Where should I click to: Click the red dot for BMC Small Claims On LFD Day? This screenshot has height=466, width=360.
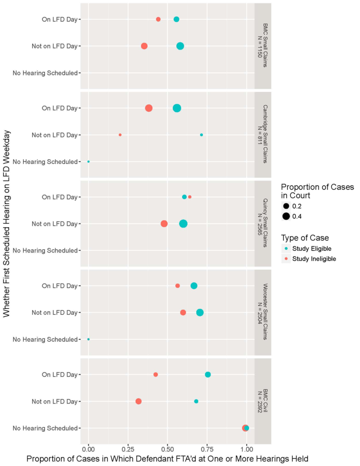pos(158,19)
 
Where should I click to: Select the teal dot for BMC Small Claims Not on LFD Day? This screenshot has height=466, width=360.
pos(180,46)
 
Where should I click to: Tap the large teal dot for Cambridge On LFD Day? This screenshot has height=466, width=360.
pos(177,108)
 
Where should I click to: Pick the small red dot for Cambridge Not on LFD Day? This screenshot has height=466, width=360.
pos(120,135)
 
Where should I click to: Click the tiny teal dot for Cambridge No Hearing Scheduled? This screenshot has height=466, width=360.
pos(89,162)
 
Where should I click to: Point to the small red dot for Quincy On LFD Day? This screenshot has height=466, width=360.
pos(190,197)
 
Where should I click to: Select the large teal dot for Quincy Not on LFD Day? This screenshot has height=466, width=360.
pos(183,224)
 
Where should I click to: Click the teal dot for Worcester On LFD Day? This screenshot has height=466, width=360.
pos(194,286)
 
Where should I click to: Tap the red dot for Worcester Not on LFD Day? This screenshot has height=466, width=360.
pos(183,313)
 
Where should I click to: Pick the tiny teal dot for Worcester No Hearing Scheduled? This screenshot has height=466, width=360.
pos(89,339)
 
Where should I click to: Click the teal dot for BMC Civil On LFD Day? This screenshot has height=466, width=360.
pos(208,375)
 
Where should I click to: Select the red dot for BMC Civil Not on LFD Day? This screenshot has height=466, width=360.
pos(138,401)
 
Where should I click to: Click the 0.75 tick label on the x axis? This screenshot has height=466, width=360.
pos(207,449)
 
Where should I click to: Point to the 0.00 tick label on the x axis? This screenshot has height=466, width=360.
pos(89,449)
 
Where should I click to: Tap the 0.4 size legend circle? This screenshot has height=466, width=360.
pos(286,216)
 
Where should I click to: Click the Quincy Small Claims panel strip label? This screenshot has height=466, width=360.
pos(263,223)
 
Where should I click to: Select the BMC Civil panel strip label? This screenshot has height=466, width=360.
pos(263,401)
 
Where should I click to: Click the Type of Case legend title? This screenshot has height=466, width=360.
pos(305,238)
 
